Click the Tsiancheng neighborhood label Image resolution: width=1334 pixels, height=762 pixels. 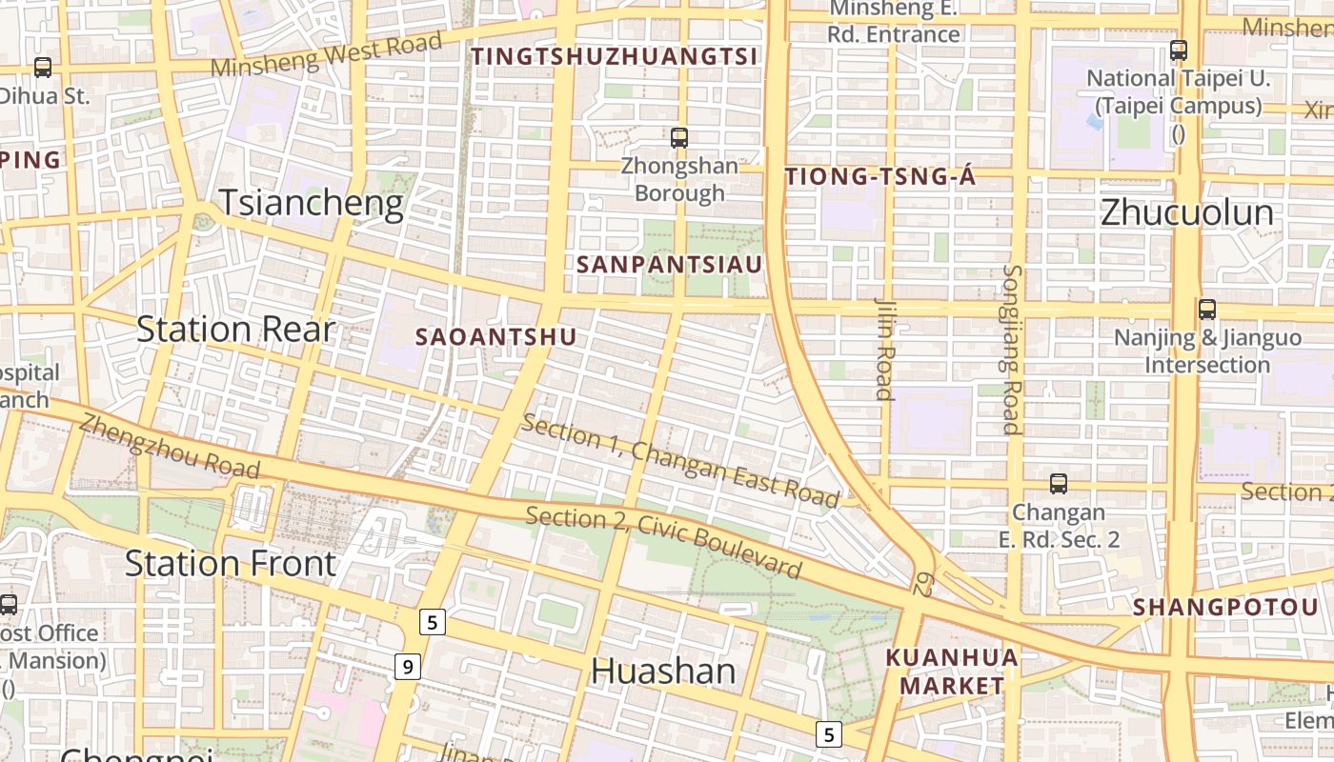(312, 204)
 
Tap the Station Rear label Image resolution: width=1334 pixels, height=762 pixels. (235, 330)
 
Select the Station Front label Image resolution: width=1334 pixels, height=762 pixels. (231, 563)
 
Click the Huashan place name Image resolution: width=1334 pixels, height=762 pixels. (663, 671)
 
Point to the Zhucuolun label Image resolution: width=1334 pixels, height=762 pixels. (1186, 212)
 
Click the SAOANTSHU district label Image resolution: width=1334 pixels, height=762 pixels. (495, 336)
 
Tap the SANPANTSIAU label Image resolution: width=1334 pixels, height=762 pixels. (671, 265)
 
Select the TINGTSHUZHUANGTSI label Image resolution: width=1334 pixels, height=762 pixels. (615, 56)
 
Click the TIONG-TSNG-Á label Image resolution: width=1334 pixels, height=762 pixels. (880, 176)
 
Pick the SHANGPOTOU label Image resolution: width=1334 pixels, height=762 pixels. (1225, 607)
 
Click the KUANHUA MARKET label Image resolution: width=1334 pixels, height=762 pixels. (952, 671)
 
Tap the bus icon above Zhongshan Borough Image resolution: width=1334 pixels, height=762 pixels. (678, 137)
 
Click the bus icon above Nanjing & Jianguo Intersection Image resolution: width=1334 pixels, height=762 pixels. (1207, 309)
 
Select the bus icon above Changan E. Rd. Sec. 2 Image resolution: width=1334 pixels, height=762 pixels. (1058, 483)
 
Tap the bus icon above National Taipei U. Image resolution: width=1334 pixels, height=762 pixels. (1179, 50)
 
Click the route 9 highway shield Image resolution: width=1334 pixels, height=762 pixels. (407, 667)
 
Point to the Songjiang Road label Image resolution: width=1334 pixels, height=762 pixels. (1011, 349)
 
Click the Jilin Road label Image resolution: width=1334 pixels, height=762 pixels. (884, 349)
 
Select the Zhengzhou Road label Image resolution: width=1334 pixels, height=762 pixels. (170, 446)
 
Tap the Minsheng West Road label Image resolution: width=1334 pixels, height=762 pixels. (327, 54)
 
